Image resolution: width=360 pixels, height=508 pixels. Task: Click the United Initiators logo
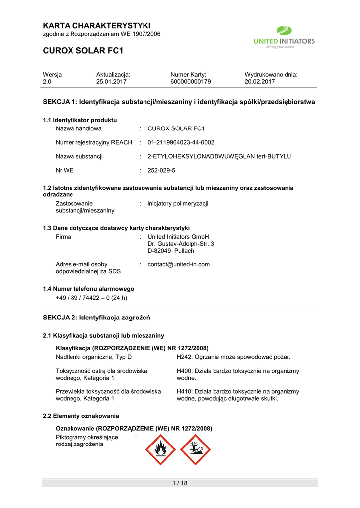284,38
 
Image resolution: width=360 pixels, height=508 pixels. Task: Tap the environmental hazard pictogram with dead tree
195,450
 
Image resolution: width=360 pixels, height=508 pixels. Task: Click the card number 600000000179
191,82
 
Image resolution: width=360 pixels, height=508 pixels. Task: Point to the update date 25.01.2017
111,82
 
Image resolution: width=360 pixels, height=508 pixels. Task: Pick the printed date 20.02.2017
260,82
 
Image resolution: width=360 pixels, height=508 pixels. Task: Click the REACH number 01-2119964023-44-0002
181,142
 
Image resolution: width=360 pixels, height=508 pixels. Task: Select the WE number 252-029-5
161,170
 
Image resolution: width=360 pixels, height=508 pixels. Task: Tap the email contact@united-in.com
178,264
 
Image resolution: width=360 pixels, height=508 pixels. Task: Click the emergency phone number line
91,298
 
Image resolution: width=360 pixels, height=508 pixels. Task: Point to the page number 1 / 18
180,484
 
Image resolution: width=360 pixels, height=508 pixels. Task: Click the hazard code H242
184,357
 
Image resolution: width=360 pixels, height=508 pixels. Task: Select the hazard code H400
184,371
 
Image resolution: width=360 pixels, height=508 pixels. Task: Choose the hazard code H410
184,391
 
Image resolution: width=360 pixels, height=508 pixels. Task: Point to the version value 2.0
47,82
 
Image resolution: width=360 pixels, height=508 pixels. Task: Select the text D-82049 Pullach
171,251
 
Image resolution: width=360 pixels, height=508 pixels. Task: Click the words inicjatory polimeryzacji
178,203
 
